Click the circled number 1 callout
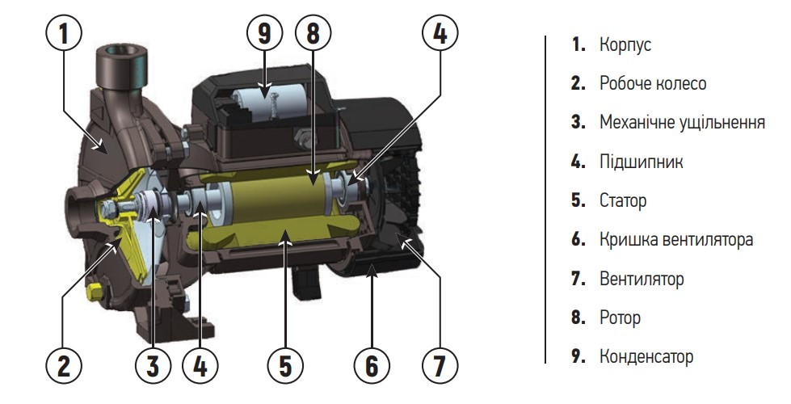(64, 34)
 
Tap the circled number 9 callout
(264, 34)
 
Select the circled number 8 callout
(313, 34)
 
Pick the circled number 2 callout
(64, 365)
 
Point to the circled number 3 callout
(154, 365)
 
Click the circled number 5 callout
(285, 365)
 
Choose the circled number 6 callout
(372, 365)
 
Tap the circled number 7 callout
(440, 365)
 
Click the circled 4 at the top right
(440, 34)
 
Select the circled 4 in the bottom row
(200, 365)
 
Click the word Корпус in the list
(625, 45)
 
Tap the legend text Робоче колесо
(653, 83)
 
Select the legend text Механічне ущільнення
(682, 123)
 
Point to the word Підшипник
(642, 162)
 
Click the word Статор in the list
(622, 200)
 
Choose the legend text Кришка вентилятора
(676, 239)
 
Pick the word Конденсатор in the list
(646, 356)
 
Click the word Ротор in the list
(620, 318)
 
